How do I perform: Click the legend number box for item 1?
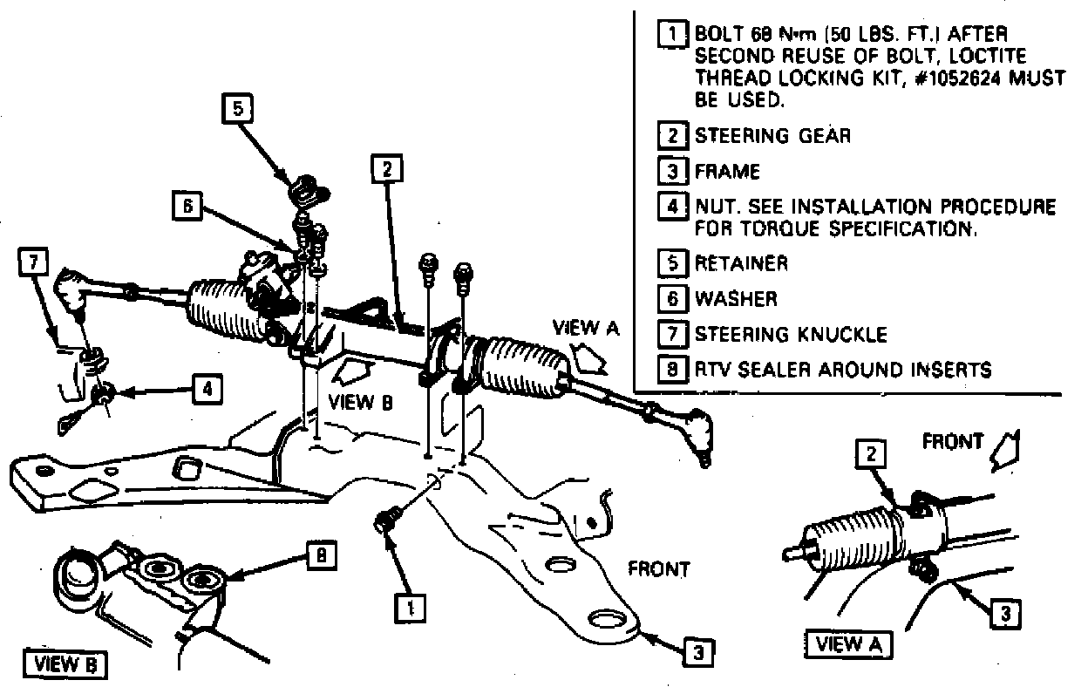coord(674,35)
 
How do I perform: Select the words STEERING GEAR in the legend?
coord(772,136)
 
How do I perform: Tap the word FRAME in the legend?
coord(727,171)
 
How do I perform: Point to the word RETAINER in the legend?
coord(741,262)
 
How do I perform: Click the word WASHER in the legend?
coord(735,299)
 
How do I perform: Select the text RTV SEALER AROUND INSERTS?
coord(842,370)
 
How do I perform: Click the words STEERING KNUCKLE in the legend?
coord(791,335)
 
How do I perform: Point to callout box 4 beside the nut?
coord(205,390)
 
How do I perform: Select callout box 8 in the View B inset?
coord(322,556)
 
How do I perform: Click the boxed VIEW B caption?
coord(65,663)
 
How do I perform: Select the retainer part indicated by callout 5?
coord(305,187)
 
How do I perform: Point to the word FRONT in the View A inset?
coord(952,442)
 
